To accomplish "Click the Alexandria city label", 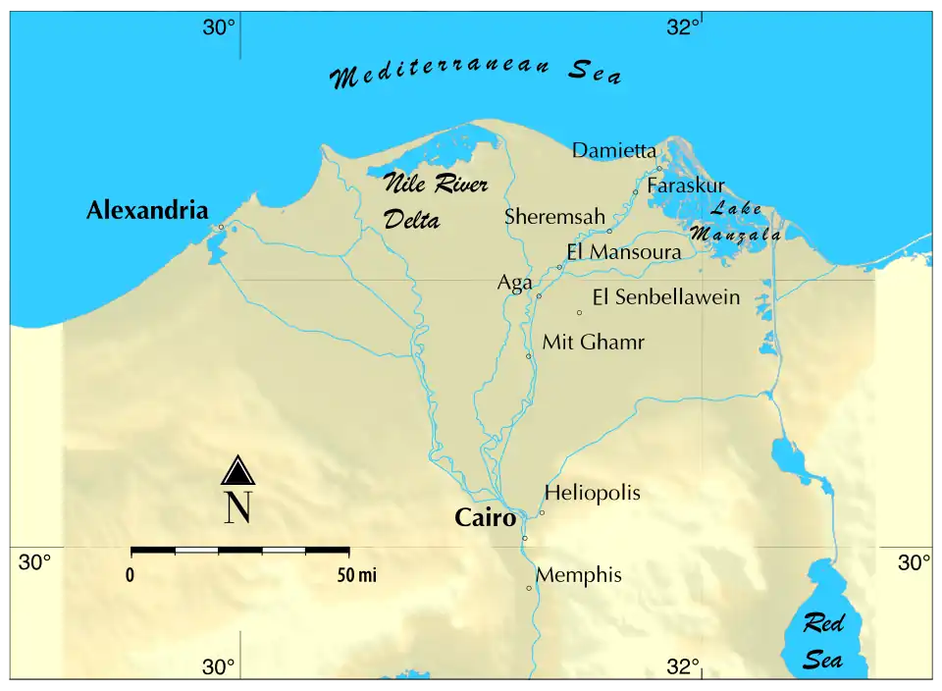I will point(147,210).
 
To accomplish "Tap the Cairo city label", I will point(485,518).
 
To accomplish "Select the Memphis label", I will point(578,575).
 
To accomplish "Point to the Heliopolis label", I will point(592,493).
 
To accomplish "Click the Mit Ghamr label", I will point(594,343).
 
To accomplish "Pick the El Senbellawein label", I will point(666,297).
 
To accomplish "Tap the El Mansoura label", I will point(623,252).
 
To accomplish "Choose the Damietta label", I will point(614,150).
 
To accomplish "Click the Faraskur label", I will point(686,185).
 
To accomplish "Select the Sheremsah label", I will point(554,217).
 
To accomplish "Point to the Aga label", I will point(514,283).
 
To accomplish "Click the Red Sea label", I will point(822,641).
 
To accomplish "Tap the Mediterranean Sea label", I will point(476,74).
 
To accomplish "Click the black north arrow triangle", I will point(237,471).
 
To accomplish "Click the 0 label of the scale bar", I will point(131,576).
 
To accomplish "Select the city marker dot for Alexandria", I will point(222,227).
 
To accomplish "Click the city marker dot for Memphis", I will point(529,588).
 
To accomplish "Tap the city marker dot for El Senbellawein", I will point(579,312).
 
